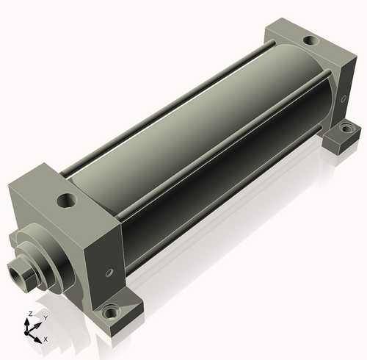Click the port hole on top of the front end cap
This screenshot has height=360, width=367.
coord(66,201)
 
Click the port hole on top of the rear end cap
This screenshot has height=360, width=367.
coord(311,40)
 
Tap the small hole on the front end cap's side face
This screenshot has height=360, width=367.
coord(109,273)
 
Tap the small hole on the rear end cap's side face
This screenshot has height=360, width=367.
coord(344,98)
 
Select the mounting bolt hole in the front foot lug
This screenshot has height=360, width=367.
coord(110,312)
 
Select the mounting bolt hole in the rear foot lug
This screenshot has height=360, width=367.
coord(346,128)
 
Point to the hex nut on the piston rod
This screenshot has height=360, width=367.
coord(23,275)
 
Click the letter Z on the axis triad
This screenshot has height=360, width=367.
coord(30,314)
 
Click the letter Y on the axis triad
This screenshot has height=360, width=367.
coord(46,318)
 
